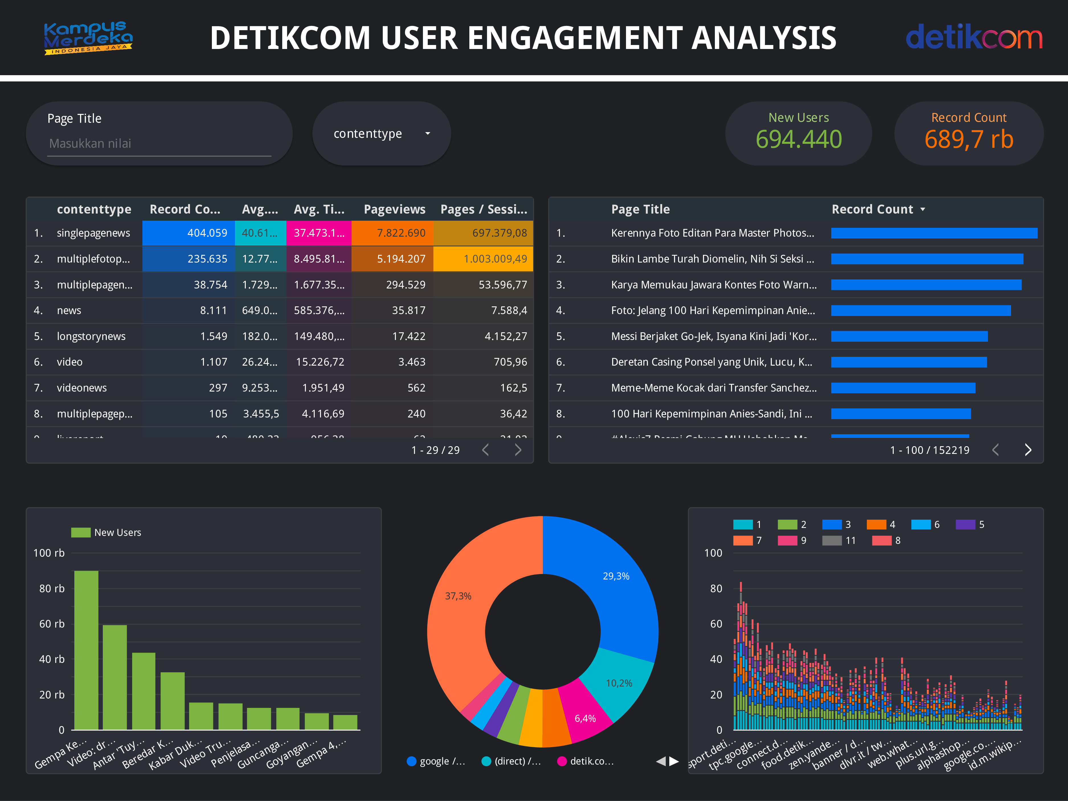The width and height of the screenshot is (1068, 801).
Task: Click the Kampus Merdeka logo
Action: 88,38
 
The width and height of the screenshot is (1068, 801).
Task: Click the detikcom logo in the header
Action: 973,38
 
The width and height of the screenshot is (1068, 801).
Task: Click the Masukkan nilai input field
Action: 159,144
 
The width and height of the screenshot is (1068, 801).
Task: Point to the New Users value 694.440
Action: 799,140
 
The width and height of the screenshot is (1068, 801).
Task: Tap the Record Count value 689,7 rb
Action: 969,140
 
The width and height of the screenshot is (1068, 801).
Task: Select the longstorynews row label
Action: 91,337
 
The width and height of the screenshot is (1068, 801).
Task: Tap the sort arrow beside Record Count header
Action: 923,210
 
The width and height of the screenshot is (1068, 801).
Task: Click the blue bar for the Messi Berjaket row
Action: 909,337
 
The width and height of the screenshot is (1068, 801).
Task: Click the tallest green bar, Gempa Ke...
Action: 86,650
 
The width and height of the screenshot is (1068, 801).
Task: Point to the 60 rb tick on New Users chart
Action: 52,624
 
